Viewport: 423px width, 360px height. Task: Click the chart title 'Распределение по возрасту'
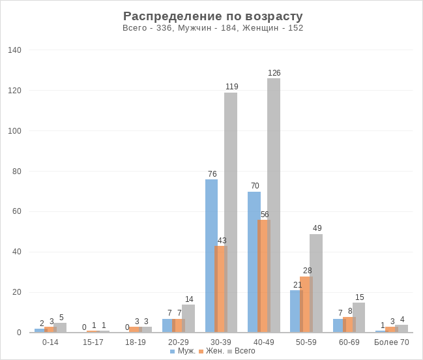[x=212, y=16]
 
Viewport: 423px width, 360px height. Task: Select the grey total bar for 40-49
[x=274, y=205]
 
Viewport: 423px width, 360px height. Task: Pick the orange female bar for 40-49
[x=264, y=276]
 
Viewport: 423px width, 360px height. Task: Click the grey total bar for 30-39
[x=231, y=213]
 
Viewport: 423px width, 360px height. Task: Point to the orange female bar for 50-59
[x=306, y=305]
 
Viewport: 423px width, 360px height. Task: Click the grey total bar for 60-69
[x=359, y=318]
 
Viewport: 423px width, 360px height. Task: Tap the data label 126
[x=274, y=73]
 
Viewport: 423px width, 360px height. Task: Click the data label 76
[x=212, y=174]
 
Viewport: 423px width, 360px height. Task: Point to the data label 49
[x=317, y=228]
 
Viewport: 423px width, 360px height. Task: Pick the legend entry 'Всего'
[x=241, y=351]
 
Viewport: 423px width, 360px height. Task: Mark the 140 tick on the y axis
[x=15, y=50]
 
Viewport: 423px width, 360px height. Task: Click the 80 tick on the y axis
[x=17, y=172]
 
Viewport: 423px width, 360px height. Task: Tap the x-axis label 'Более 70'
[x=392, y=342]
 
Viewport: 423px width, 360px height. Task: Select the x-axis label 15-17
[x=93, y=342]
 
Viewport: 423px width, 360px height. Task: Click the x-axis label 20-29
[x=178, y=342]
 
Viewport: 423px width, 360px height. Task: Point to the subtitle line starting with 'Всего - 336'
[x=212, y=28]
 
